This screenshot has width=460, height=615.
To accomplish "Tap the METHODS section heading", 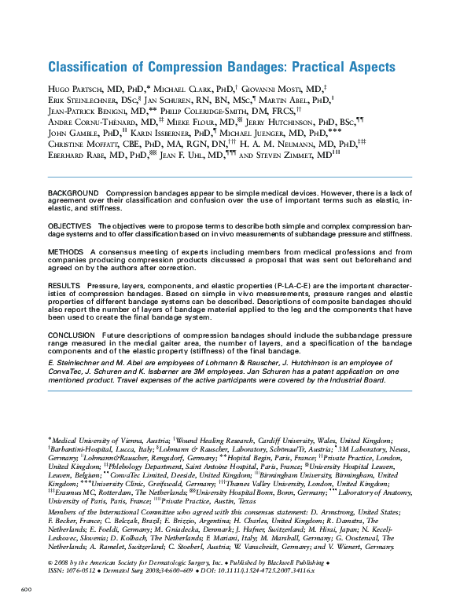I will (x=65, y=252).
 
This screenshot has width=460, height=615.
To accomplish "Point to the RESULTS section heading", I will (x=64, y=286).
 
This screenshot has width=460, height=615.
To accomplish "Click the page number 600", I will (x=25, y=589).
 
